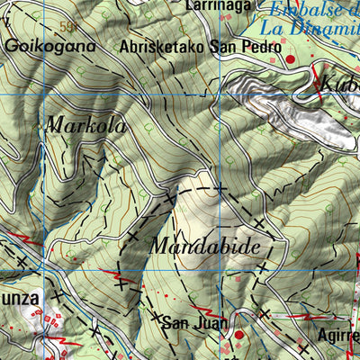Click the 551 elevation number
pyautogui.click(x=67, y=27)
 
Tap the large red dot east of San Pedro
pyautogui.click(x=291, y=59)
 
